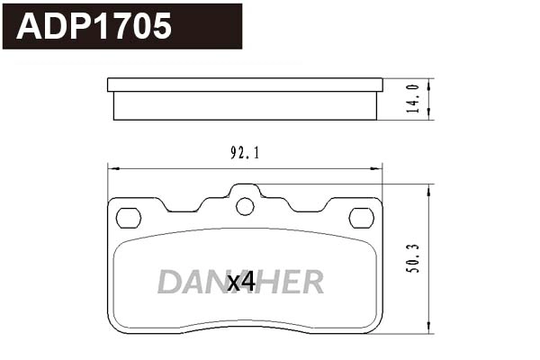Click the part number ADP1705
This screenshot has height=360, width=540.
tap(94, 26)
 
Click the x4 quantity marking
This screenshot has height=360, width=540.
tap(241, 283)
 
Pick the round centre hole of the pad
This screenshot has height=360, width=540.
tap(245, 206)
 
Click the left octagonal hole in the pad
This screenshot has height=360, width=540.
tap(129, 217)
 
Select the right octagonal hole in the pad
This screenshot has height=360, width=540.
tap(361, 217)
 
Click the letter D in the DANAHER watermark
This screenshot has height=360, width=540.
tap(168, 283)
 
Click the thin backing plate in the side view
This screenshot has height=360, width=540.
tap(245, 85)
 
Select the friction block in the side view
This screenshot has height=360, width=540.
tap(245, 106)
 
